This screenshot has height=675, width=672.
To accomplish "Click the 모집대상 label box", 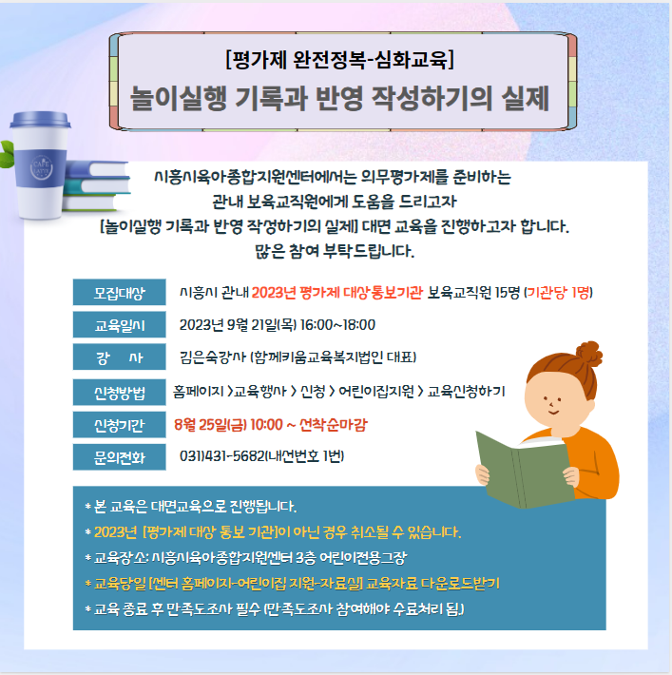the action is point(119,292).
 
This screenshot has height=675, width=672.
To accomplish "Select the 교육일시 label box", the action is point(119,324).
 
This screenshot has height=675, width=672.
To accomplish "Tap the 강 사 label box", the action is point(119,357).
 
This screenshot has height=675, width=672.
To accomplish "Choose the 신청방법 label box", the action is point(119,393).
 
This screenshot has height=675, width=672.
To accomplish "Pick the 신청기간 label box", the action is point(119,425).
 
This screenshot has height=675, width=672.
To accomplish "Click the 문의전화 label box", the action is point(119,457).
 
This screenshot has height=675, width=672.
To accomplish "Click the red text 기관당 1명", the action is point(558,293).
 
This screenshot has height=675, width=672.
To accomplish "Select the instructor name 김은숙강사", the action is point(213,357).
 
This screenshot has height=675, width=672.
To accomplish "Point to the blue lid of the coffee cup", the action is point(40,119).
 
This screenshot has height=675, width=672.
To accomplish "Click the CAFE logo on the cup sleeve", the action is point(41,167).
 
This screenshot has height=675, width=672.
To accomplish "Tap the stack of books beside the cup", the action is point(96,185).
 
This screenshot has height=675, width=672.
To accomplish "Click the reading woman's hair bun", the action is point(588,354).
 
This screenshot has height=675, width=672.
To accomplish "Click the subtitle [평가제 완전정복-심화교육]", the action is point(339,59).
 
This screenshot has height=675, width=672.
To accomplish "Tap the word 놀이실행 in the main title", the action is point(179,99).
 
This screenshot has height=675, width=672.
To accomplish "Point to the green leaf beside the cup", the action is point(7,154).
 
